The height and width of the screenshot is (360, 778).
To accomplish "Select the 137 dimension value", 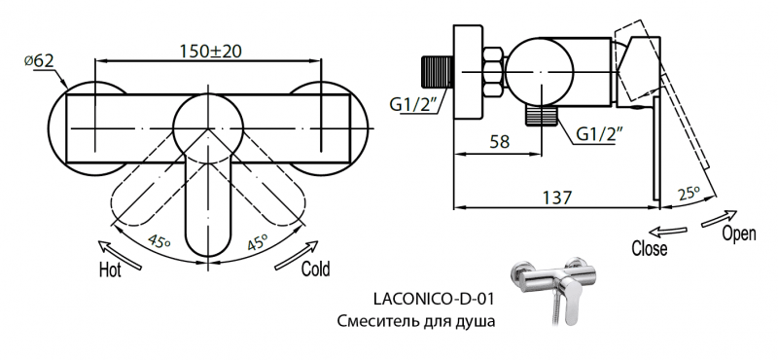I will (556, 196).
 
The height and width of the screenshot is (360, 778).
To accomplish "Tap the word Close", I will (649, 248).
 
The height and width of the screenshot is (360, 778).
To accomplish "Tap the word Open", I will (738, 235).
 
